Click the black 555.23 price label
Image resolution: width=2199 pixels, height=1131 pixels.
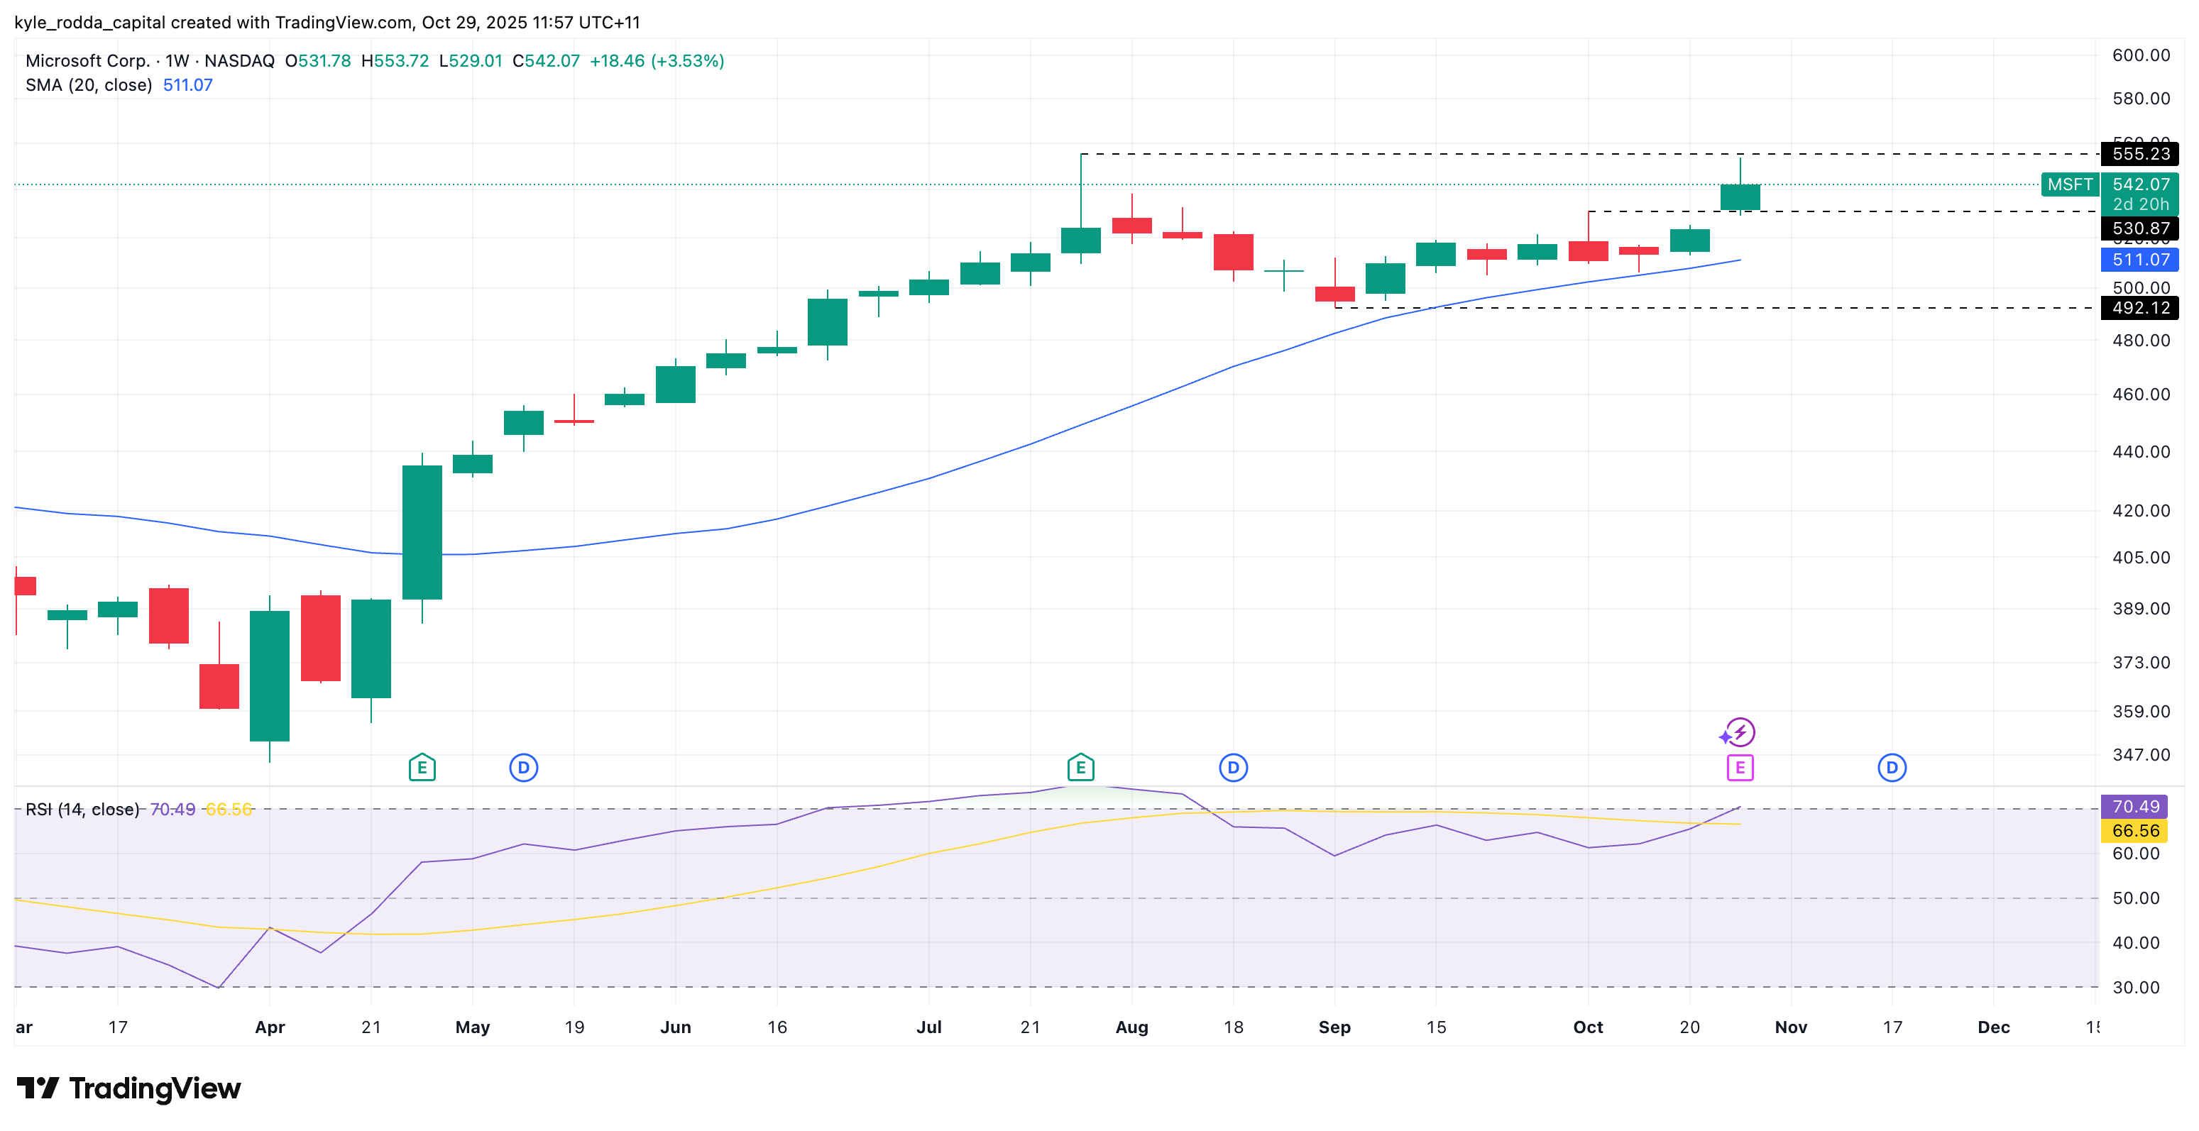pos(2139,154)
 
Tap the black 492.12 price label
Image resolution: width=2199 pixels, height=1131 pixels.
pos(2139,307)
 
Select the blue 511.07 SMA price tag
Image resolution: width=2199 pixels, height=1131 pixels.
pos(2139,260)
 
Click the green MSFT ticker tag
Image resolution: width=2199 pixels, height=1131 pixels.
pos(2069,184)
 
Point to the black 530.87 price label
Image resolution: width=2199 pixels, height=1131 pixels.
pos(2139,228)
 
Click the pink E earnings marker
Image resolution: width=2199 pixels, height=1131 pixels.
pos(1740,768)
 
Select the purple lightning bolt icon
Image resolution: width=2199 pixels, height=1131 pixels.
pos(1740,732)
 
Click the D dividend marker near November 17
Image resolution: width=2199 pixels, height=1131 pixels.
pos(1892,768)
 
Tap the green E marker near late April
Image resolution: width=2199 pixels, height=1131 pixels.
pos(422,768)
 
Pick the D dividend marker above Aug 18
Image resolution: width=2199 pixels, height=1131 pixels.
pos(1233,768)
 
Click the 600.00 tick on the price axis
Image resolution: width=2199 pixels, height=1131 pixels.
pos(2140,55)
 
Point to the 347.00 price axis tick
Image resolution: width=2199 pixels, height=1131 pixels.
pos(2140,754)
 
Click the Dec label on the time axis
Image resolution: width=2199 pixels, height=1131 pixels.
pos(1993,1027)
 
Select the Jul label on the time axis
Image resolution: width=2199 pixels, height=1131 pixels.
pos(928,1027)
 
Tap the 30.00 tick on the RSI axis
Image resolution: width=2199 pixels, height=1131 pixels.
pos(2135,988)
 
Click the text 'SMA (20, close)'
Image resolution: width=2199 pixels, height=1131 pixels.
pos(89,85)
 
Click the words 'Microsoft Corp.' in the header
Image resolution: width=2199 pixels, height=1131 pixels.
pos(87,60)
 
